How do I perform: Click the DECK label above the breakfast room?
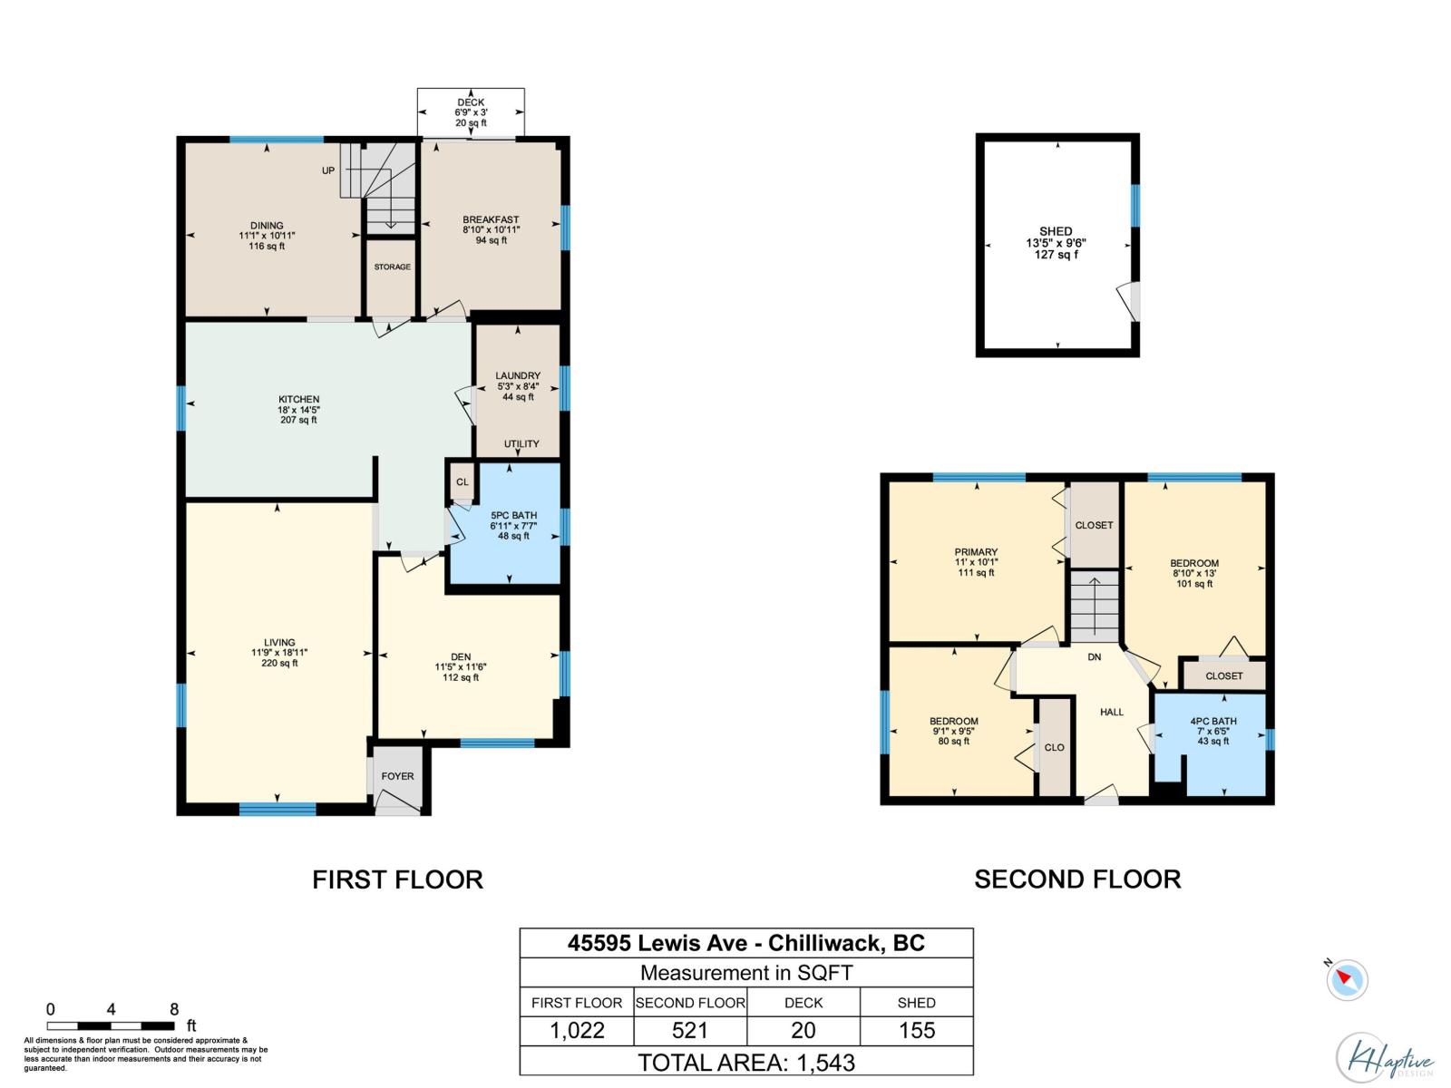471,102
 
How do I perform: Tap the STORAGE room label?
392,267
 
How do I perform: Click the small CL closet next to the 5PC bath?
463,482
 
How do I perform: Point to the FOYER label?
397,776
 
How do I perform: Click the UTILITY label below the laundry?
521,444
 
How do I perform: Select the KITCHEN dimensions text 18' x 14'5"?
298,410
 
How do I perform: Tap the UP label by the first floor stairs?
328,170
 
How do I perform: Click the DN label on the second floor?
1095,656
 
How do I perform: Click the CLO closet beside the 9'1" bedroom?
1054,748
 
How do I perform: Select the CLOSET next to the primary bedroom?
1094,525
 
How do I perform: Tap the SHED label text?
1056,231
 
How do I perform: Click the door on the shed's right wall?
1132,300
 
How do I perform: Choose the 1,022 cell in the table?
577,1031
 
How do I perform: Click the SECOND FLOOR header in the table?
690,1003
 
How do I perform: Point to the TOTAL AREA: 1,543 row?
746,1062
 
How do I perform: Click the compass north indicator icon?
1347,980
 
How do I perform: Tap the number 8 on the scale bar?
174,1009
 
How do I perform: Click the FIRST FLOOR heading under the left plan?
397,879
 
